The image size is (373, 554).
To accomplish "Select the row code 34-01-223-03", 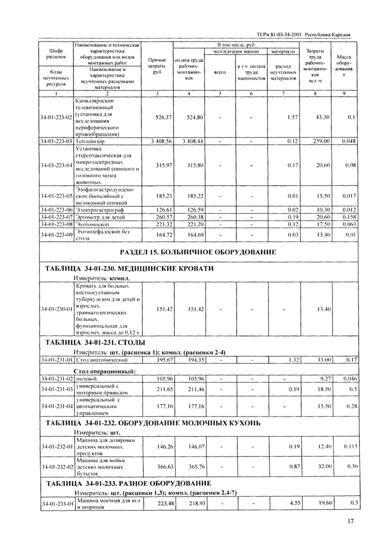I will click(55, 142).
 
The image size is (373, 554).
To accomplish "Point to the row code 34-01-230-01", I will click(55, 307).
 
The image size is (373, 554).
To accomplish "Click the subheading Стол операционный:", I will click(104, 371).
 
